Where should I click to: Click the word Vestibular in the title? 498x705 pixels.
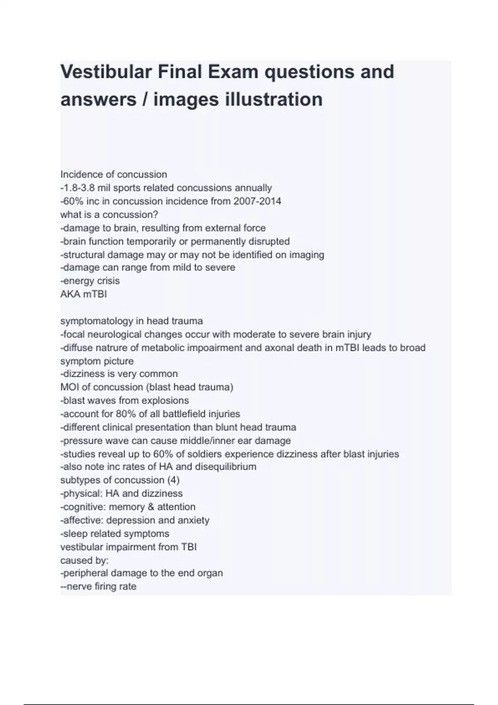(x=105, y=72)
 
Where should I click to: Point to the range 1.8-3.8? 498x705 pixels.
(x=79, y=188)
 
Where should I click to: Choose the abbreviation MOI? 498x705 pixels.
(x=69, y=387)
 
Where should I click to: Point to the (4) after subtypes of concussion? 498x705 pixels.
(x=173, y=480)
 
